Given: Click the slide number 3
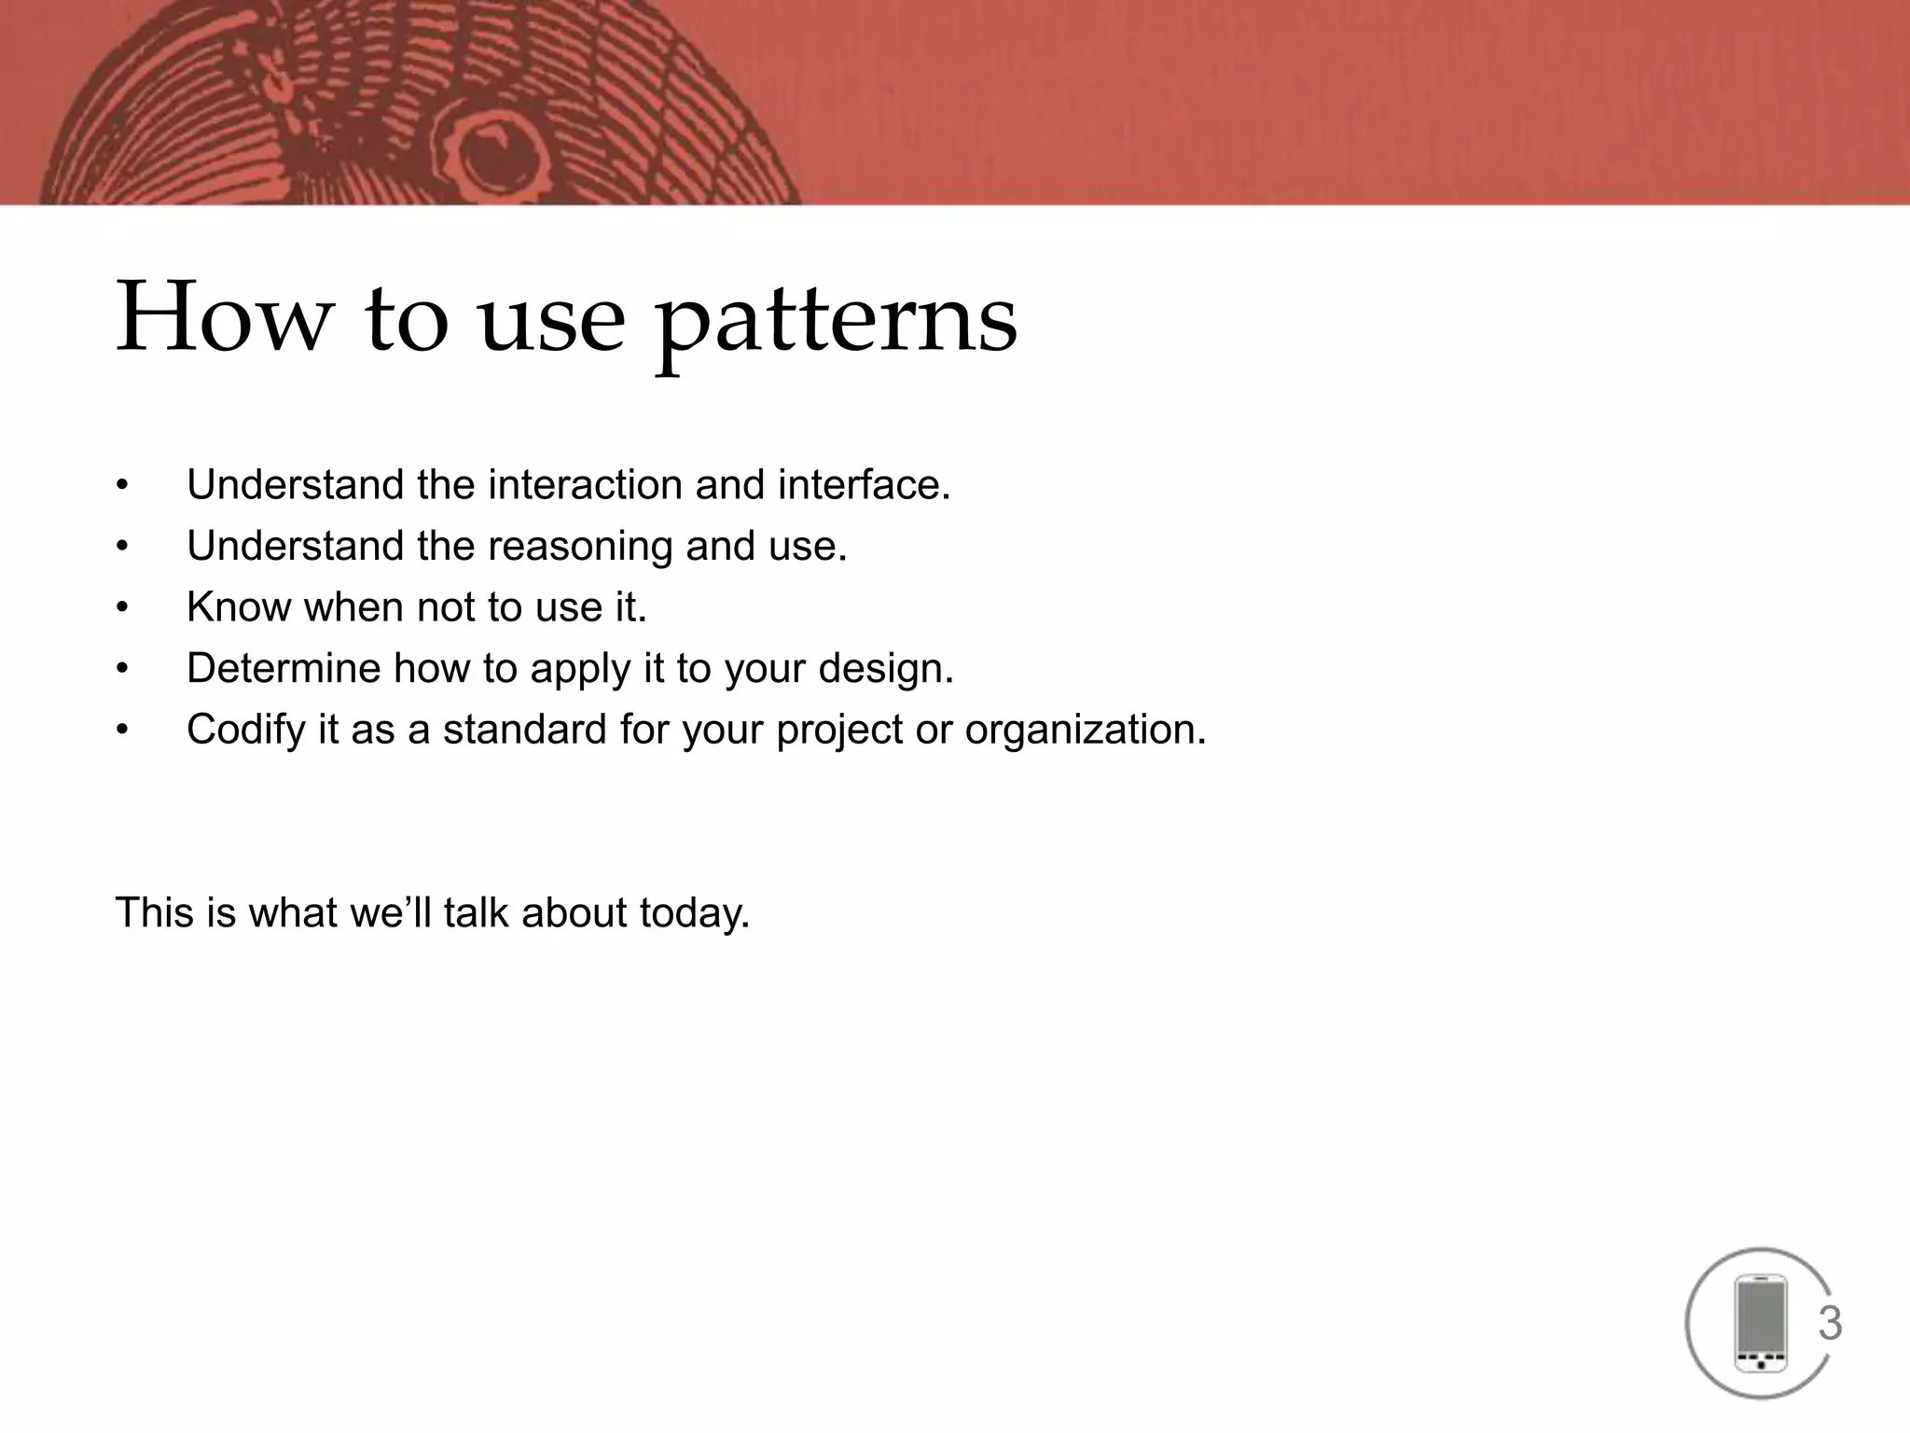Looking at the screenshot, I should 1830,1324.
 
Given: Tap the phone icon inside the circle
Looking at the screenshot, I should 1760,1324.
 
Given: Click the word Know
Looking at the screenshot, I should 239,607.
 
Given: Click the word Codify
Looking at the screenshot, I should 245,730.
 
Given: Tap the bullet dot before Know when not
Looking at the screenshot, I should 121,608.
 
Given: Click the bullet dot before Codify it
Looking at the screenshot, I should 121,730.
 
